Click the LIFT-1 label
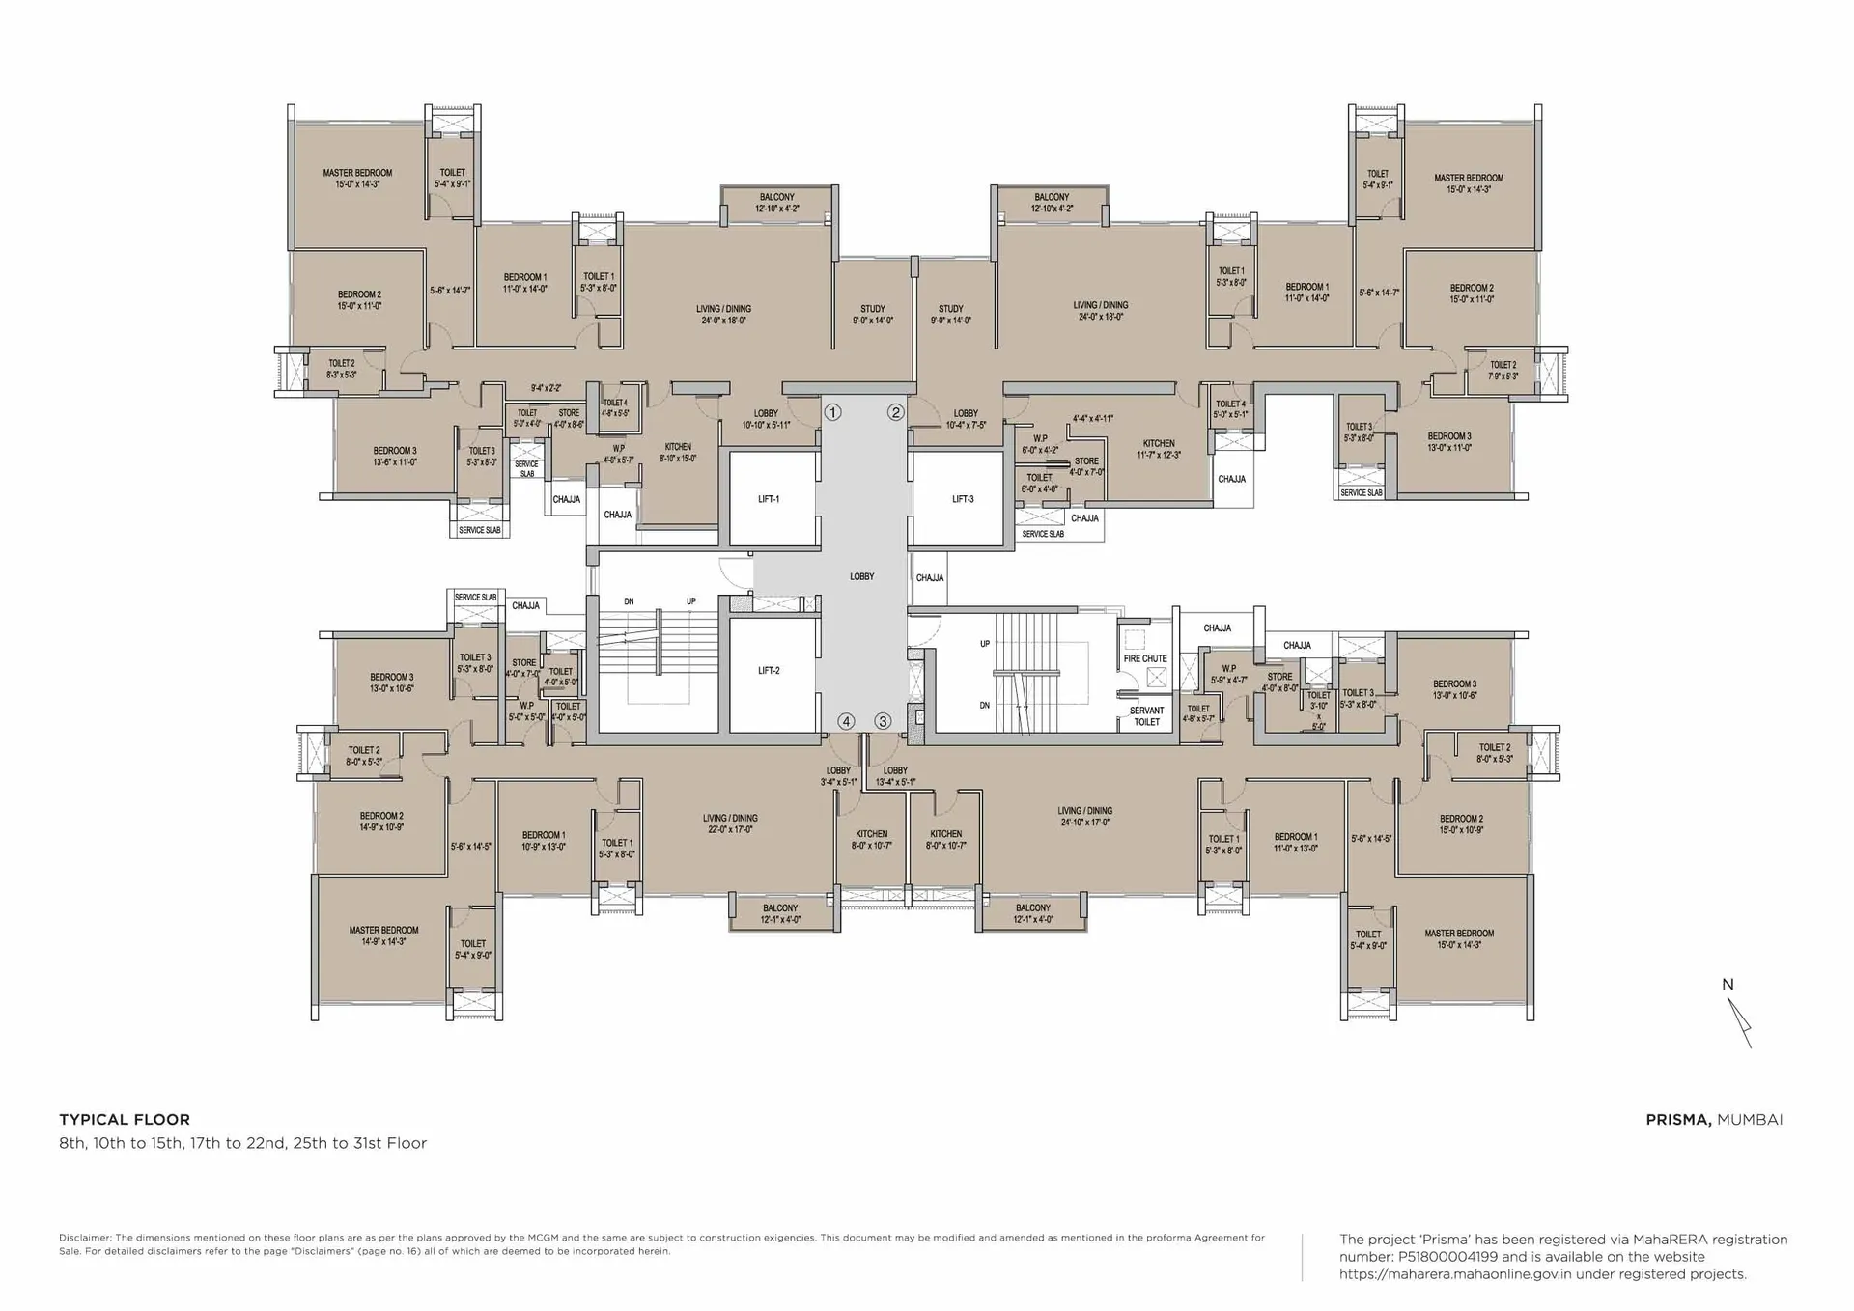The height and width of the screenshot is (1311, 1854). (x=769, y=499)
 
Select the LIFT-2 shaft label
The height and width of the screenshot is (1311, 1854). (x=769, y=670)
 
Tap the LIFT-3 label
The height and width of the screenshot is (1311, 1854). (x=963, y=499)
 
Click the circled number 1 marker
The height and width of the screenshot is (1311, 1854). (x=832, y=412)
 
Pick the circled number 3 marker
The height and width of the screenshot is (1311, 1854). (x=883, y=721)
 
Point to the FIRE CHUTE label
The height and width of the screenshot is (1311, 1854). (x=1145, y=658)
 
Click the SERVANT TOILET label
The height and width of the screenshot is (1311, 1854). (x=1146, y=715)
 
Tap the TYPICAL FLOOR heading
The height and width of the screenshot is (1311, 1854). (x=125, y=1120)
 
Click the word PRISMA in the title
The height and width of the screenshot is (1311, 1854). (x=1678, y=1120)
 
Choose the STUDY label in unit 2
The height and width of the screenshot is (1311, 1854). (x=950, y=315)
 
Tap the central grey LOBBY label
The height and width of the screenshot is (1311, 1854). (x=861, y=576)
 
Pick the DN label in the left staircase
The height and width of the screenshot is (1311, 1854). (x=629, y=601)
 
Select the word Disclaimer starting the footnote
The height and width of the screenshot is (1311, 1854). (x=84, y=1238)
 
